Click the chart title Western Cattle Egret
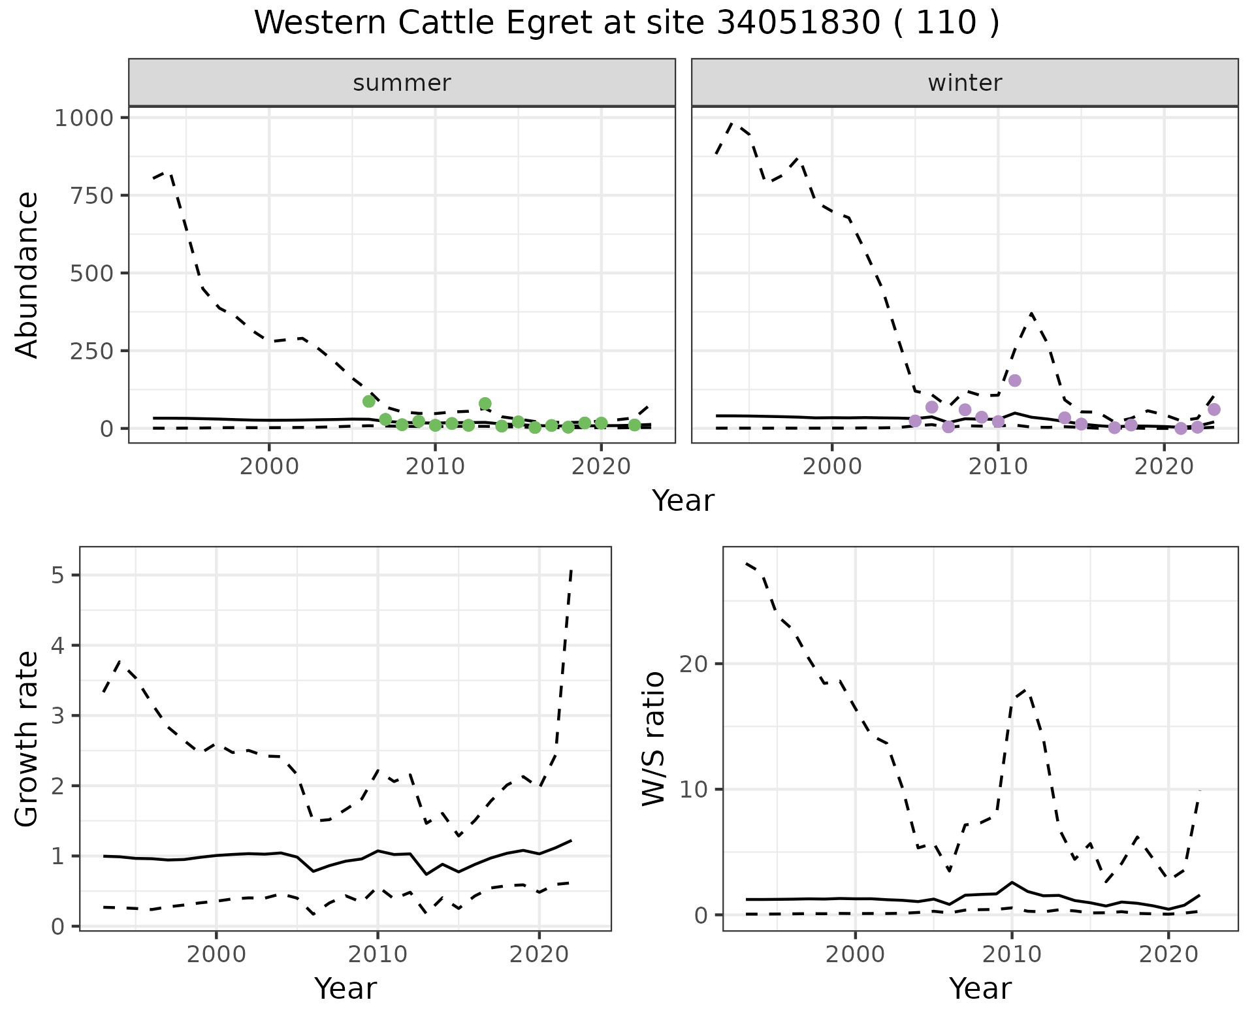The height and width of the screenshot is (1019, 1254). (626, 24)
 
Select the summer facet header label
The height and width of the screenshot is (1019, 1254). (402, 83)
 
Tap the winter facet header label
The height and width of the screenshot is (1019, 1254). (965, 83)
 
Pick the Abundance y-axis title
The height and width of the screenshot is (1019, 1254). (27, 274)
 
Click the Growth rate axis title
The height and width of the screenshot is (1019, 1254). (27, 739)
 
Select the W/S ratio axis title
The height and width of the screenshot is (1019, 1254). (653, 739)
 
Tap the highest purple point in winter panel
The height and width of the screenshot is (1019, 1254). (1014, 381)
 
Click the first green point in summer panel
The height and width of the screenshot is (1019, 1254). (369, 401)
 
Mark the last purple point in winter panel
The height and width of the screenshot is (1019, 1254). (1214, 410)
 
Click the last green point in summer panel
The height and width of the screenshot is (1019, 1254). (634, 425)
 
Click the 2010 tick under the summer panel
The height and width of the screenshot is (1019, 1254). (435, 467)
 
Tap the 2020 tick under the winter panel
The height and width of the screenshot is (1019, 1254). (1164, 467)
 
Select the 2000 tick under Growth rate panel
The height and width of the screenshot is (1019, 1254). (216, 954)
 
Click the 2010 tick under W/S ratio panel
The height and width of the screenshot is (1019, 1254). (1012, 954)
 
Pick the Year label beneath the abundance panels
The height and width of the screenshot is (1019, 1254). (683, 501)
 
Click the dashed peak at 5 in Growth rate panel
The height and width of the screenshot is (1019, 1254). (571, 571)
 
